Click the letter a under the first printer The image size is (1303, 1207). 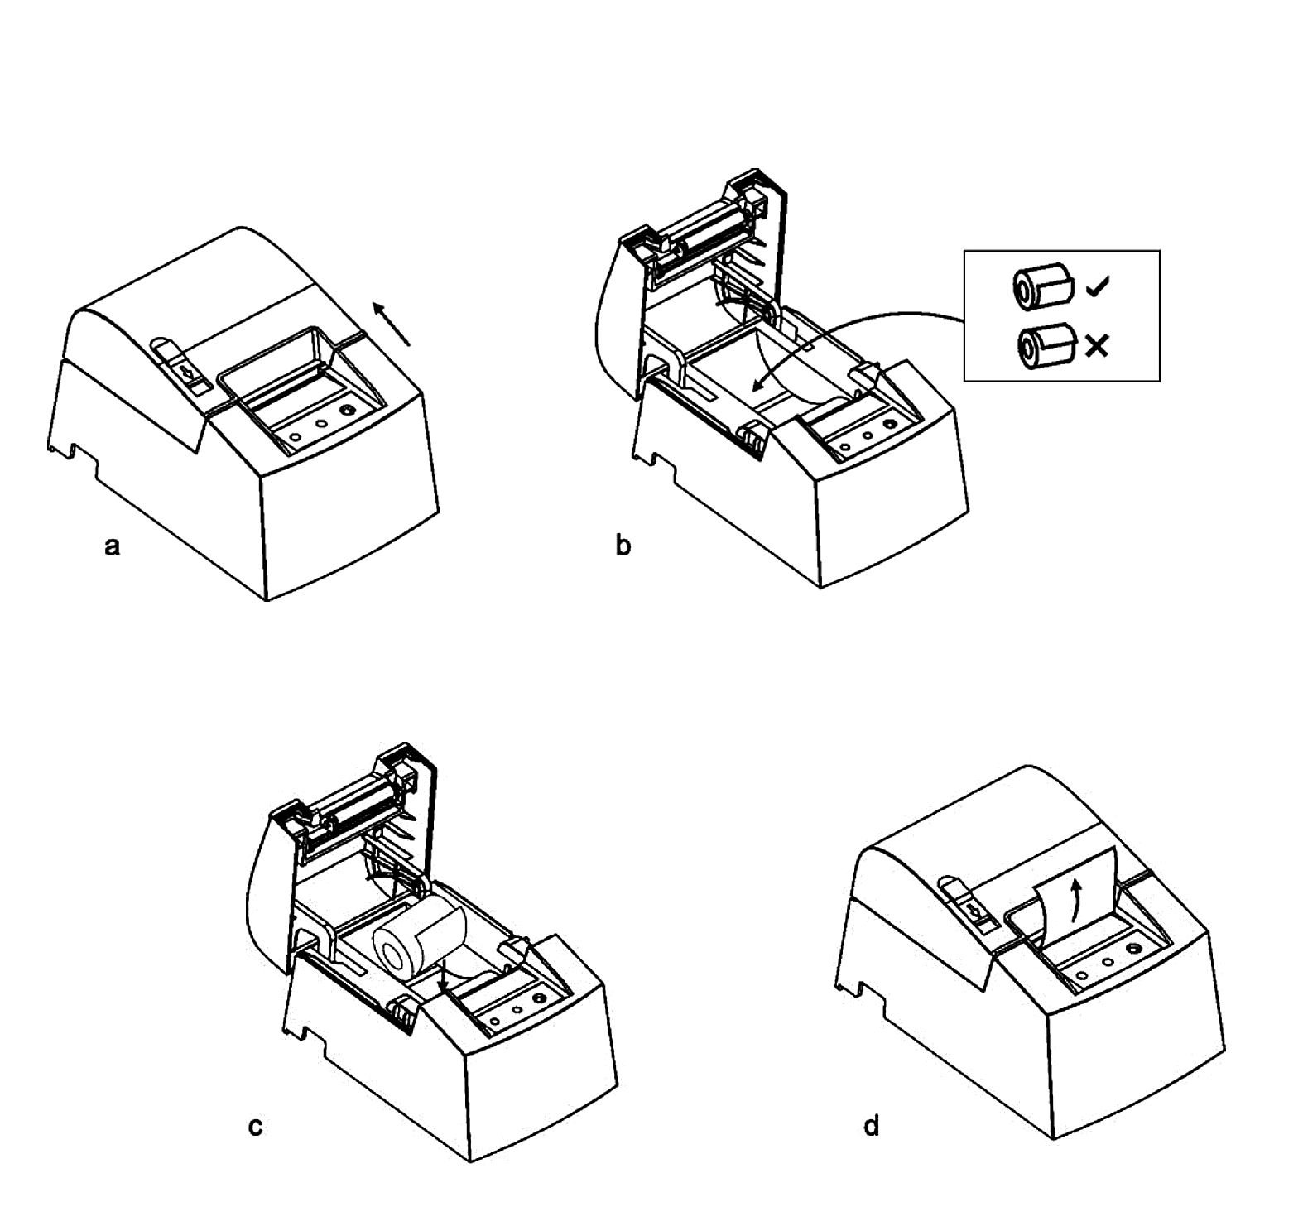point(113,547)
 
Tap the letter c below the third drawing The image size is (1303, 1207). point(256,1127)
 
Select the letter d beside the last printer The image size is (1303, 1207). point(871,1125)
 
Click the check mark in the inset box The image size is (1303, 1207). point(1098,287)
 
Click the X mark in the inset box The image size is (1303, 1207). point(1097,346)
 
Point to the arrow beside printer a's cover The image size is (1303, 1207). point(391,324)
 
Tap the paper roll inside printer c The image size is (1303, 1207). point(419,940)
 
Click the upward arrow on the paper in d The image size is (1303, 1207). point(1076,902)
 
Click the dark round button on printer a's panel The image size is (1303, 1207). point(347,411)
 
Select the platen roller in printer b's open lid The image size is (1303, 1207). point(708,228)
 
